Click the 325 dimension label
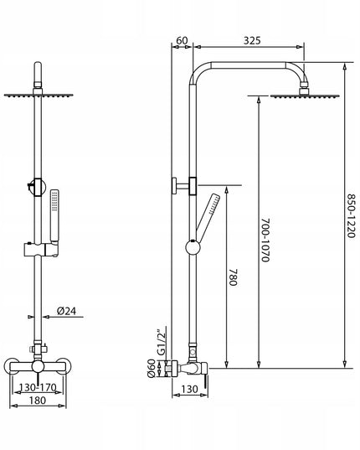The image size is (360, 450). [252, 41]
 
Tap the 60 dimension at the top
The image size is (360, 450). [182, 41]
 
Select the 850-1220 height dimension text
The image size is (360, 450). [352, 216]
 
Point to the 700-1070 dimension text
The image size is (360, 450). [265, 240]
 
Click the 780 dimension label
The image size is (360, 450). [234, 277]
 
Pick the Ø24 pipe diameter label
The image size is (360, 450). [66, 311]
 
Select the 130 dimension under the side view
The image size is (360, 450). [189, 389]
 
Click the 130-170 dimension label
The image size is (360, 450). [38, 388]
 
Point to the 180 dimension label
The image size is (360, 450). [38, 400]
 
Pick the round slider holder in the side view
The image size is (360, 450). [193, 247]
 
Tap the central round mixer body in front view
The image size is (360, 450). [38, 366]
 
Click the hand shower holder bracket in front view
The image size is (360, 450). [41, 250]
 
